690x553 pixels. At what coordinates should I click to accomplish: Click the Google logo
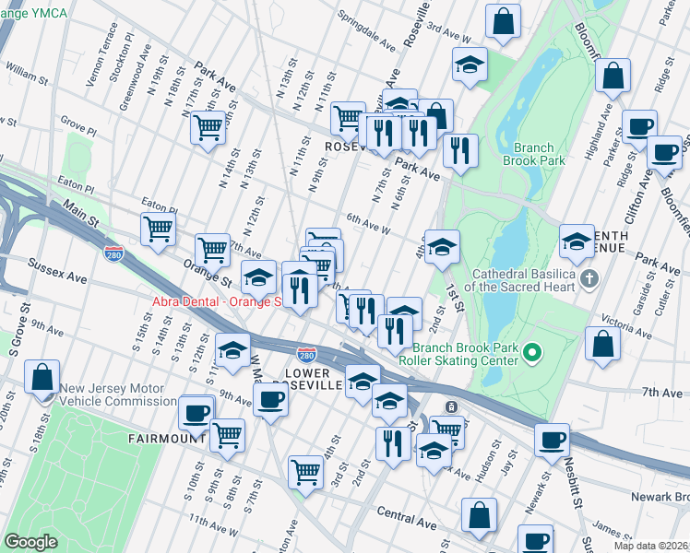(x=30, y=542)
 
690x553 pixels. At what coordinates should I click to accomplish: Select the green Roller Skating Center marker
(x=531, y=352)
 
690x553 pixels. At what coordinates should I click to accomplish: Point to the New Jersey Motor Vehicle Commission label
(x=118, y=394)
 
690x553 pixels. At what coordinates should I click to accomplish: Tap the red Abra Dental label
(x=215, y=302)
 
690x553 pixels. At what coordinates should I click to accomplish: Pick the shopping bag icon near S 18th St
(x=43, y=378)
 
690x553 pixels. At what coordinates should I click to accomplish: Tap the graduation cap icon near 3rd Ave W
(x=470, y=65)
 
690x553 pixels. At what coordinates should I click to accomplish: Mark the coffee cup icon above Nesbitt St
(x=553, y=440)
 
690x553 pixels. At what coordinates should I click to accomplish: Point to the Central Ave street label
(x=406, y=522)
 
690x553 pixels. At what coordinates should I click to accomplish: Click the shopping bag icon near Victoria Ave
(x=602, y=345)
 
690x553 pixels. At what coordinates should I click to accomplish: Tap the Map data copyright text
(x=649, y=546)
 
